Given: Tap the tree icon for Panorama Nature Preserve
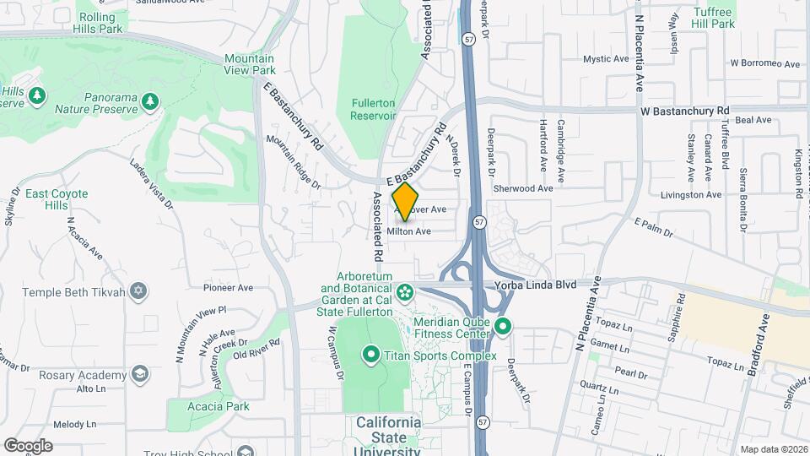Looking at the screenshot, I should [150, 102].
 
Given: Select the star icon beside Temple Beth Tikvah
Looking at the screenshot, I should [138, 292].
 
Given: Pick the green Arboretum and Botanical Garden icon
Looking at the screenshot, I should [406, 292].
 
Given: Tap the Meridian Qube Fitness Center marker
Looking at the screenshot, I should [504, 326].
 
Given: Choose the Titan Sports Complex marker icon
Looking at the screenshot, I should [370, 353].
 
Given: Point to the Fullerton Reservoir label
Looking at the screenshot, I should [373, 108].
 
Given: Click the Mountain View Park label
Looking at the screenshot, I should [250, 64].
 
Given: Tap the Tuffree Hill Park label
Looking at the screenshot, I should [714, 18].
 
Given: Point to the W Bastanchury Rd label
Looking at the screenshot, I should [684, 111].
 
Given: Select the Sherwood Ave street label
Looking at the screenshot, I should [522, 188].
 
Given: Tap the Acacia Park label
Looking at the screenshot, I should [220, 406].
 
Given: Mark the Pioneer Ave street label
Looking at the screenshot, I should [228, 288].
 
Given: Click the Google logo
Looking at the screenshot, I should [28, 445].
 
